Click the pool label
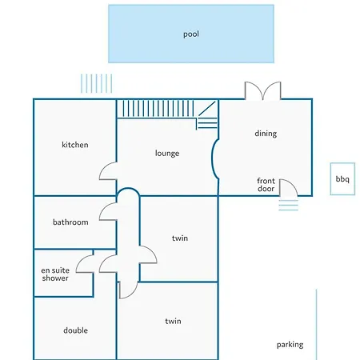point(191,34)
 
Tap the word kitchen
point(75,145)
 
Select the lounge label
point(167,154)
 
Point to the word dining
point(266,134)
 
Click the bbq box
point(342,179)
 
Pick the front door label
point(266,185)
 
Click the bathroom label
point(70,222)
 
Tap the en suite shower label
point(55,274)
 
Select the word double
point(76,330)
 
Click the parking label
point(290,345)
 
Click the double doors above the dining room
point(263,90)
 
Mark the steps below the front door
point(289,206)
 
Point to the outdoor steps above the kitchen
point(96,83)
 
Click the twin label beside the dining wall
point(180,238)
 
